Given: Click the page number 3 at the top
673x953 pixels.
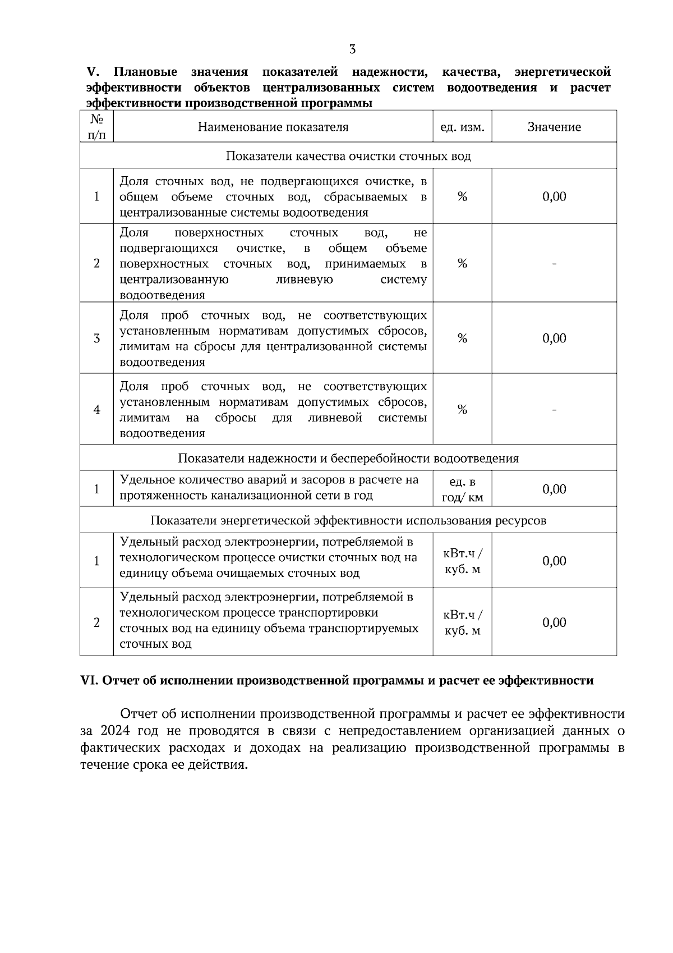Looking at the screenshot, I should pyautogui.click(x=352, y=49).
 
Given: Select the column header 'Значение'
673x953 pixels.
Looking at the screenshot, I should pyautogui.click(x=554, y=127).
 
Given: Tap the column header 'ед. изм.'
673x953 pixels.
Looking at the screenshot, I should pyautogui.click(x=462, y=127).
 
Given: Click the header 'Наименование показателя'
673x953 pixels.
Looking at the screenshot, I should pyautogui.click(x=273, y=127).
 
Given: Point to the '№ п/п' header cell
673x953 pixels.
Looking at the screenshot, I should pyautogui.click(x=96, y=127).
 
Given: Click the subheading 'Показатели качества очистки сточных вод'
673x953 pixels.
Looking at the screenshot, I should pyautogui.click(x=348, y=156).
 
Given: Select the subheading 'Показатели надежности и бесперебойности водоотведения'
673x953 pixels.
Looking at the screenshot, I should pyautogui.click(x=348, y=458).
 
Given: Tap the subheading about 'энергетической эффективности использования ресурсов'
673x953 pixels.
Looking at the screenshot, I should pyautogui.click(x=348, y=520).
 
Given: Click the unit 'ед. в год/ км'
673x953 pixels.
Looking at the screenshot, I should pyautogui.click(x=463, y=489).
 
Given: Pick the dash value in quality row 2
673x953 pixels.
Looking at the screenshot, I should pyautogui.click(x=554, y=264).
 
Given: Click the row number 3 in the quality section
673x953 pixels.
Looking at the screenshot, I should pyautogui.click(x=96, y=338).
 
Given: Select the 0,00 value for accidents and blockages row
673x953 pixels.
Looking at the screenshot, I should pyautogui.click(x=554, y=489).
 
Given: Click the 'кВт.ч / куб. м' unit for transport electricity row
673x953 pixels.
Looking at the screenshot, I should pyautogui.click(x=463, y=622).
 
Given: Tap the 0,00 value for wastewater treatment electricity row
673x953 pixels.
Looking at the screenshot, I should pyautogui.click(x=554, y=561).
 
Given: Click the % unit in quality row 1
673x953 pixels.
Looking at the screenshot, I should pyautogui.click(x=462, y=196).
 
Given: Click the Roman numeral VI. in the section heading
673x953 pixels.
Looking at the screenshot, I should pyautogui.click(x=90, y=681).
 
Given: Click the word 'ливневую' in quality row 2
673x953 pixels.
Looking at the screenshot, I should pyautogui.click(x=305, y=280).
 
